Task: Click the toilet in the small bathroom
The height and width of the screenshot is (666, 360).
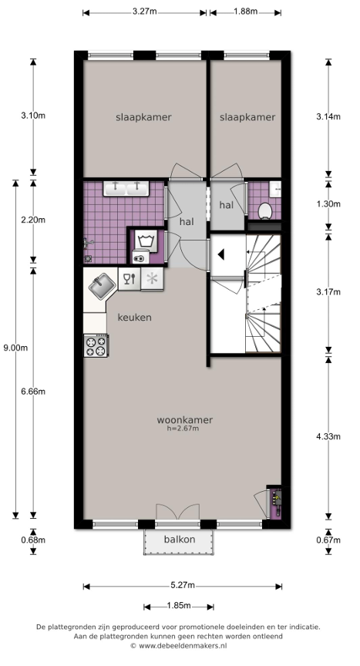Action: click(x=265, y=210)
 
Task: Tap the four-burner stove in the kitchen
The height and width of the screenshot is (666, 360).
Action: click(x=96, y=346)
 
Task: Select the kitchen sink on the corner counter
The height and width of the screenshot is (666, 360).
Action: click(x=102, y=284)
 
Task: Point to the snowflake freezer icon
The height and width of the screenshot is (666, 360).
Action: click(x=152, y=278)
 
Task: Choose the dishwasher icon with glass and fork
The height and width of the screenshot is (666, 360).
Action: click(x=129, y=278)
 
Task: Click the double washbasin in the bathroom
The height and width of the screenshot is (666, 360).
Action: click(x=126, y=188)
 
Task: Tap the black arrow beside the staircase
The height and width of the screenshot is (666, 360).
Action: click(x=220, y=255)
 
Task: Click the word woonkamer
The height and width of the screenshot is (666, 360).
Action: click(x=185, y=420)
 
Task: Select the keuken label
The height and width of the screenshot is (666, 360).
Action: click(x=135, y=318)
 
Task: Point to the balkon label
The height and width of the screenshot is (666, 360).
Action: click(x=180, y=540)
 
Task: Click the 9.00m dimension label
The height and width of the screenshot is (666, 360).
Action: click(x=15, y=348)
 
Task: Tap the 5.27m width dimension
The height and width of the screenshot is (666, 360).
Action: click(x=183, y=585)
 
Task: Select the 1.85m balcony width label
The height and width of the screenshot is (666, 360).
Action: click(x=179, y=606)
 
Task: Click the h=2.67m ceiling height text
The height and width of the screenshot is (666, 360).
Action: click(x=183, y=429)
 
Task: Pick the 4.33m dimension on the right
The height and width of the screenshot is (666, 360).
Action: click(x=328, y=436)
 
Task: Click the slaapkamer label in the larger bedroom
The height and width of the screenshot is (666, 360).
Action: click(x=143, y=117)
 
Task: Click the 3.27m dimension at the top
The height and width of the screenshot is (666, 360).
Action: click(x=144, y=12)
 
